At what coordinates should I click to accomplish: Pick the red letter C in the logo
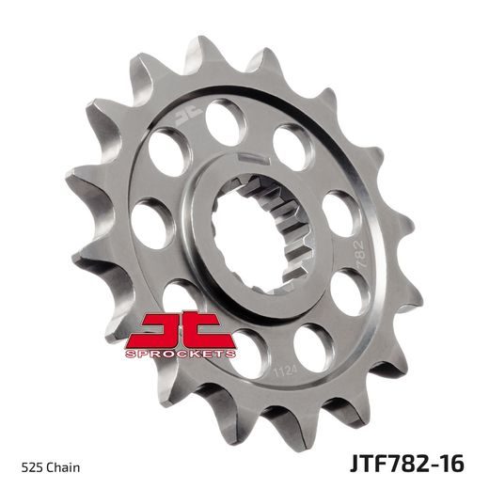point(204,330)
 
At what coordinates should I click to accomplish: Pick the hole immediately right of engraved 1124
point(313,350)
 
